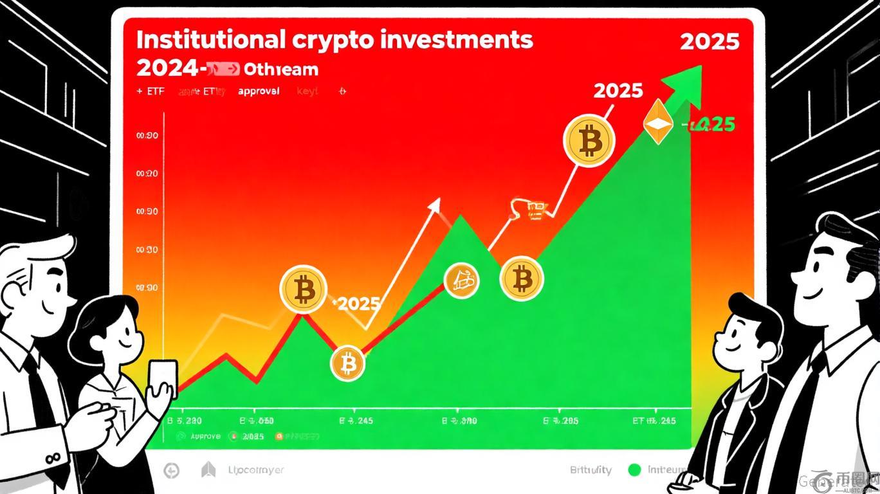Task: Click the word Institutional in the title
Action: click(x=210, y=39)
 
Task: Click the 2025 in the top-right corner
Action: click(x=710, y=42)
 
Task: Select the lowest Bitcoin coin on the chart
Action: click(x=347, y=364)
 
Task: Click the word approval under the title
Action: click(x=259, y=91)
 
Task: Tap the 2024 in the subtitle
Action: click(x=166, y=68)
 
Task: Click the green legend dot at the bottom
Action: click(x=634, y=470)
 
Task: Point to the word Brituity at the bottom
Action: click(x=590, y=470)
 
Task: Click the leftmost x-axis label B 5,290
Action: click(x=185, y=421)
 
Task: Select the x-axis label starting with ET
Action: click(x=653, y=421)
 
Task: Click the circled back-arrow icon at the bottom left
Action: click(x=172, y=471)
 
